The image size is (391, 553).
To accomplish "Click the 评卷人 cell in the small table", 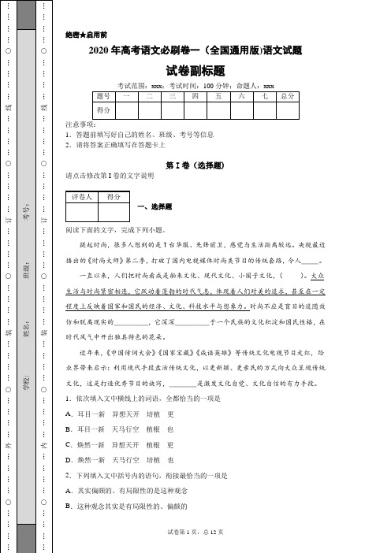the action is click(x=82, y=197).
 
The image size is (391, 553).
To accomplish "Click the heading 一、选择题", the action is click(x=155, y=206).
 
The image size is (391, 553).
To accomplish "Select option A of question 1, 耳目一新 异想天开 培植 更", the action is click(x=120, y=413).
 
